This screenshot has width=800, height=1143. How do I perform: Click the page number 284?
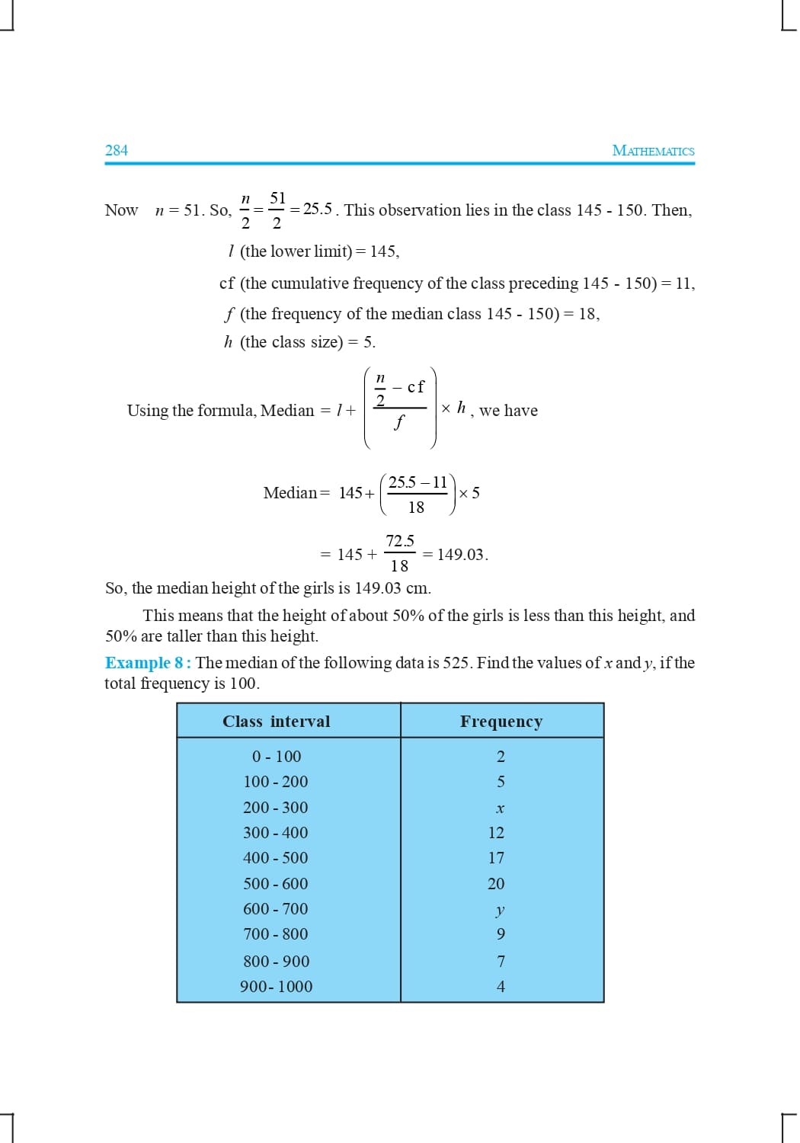pyautogui.click(x=117, y=150)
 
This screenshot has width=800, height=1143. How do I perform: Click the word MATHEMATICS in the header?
pyautogui.click(x=653, y=151)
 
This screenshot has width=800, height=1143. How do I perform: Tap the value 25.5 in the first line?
pyautogui.click(x=318, y=209)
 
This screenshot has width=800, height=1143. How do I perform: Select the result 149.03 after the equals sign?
pyautogui.click(x=461, y=555)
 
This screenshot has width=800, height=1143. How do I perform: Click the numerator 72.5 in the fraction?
pyautogui.click(x=400, y=541)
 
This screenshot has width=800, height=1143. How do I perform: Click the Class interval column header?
pyautogui.click(x=277, y=722)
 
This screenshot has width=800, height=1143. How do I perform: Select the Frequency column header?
pyautogui.click(x=501, y=722)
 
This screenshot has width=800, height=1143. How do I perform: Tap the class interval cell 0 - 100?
pyautogui.click(x=277, y=757)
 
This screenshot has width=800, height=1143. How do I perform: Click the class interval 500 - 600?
pyautogui.click(x=276, y=884)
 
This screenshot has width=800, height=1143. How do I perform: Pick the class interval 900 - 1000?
pyautogui.click(x=277, y=987)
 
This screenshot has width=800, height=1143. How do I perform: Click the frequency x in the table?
pyautogui.click(x=501, y=808)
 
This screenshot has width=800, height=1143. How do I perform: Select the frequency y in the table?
pyautogui.click(x=500, y=910)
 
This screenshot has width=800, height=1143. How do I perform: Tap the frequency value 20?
pyautogui.click(x=496, y=884)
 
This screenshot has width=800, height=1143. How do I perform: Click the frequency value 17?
pyautogui.click(x=496, y=858)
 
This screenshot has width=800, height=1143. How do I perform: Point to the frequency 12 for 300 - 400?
pyautogui.click(x=496, y=833)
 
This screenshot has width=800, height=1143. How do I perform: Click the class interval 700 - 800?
pyautogui.click(x=276, y=934)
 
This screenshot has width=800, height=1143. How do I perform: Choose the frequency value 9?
pyautogui.click(x=501, y=934)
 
